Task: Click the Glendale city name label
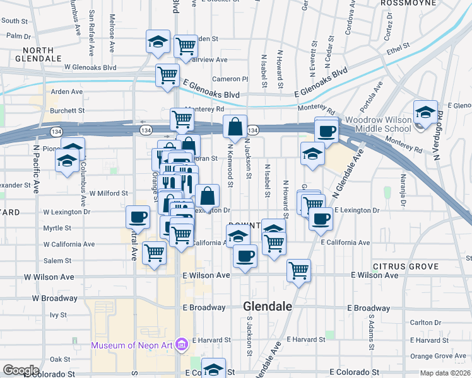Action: [268, 306]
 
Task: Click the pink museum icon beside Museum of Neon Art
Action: [182, 345]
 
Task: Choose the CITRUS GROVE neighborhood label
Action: [405, 266]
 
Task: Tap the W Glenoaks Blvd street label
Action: [90, 67]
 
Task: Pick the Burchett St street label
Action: [68, 110]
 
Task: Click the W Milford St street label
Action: [109, 193]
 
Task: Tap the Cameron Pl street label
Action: [230, 79]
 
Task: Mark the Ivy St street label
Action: [58, 314]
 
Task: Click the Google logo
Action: [21, 370]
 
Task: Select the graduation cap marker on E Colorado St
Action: [213, 368]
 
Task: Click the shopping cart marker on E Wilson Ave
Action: [298, 270]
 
